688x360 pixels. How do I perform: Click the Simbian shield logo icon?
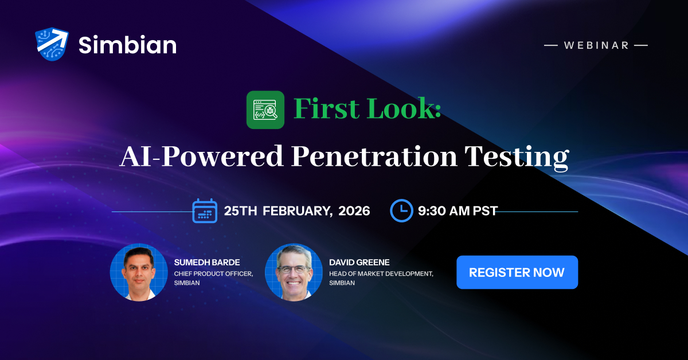click(x=52, y=44)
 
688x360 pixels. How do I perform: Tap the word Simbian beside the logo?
click(x=127, y=45)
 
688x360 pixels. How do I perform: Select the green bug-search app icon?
click(x=265, y=110)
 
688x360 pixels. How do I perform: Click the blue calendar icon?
click(x=204, y=210)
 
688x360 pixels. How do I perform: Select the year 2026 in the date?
click(x=354, y=211)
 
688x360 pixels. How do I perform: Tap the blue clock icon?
click(x=401, y=210)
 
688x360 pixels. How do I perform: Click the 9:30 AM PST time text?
click(x=457, y=211)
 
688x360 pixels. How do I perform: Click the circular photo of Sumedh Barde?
click(x=139, y=272)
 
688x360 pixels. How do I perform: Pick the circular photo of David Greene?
click(x=294, y=272)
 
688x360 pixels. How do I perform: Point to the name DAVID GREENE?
click(x=359, y=263)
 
